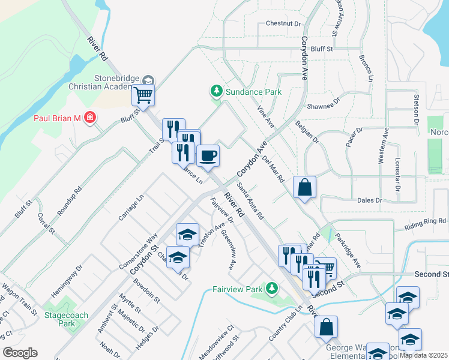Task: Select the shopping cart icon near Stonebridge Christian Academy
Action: [x=143, y=95]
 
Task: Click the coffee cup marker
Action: [x=208, y=155]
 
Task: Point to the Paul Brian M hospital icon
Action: [x=90, y=118]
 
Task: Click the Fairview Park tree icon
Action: [x=272, y=289]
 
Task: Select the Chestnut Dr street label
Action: [x=283, y=24]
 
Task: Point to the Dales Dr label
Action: [x=369, y=200]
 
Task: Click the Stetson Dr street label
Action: [x=415, y=110]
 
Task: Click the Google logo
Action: [x=20, y=353]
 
